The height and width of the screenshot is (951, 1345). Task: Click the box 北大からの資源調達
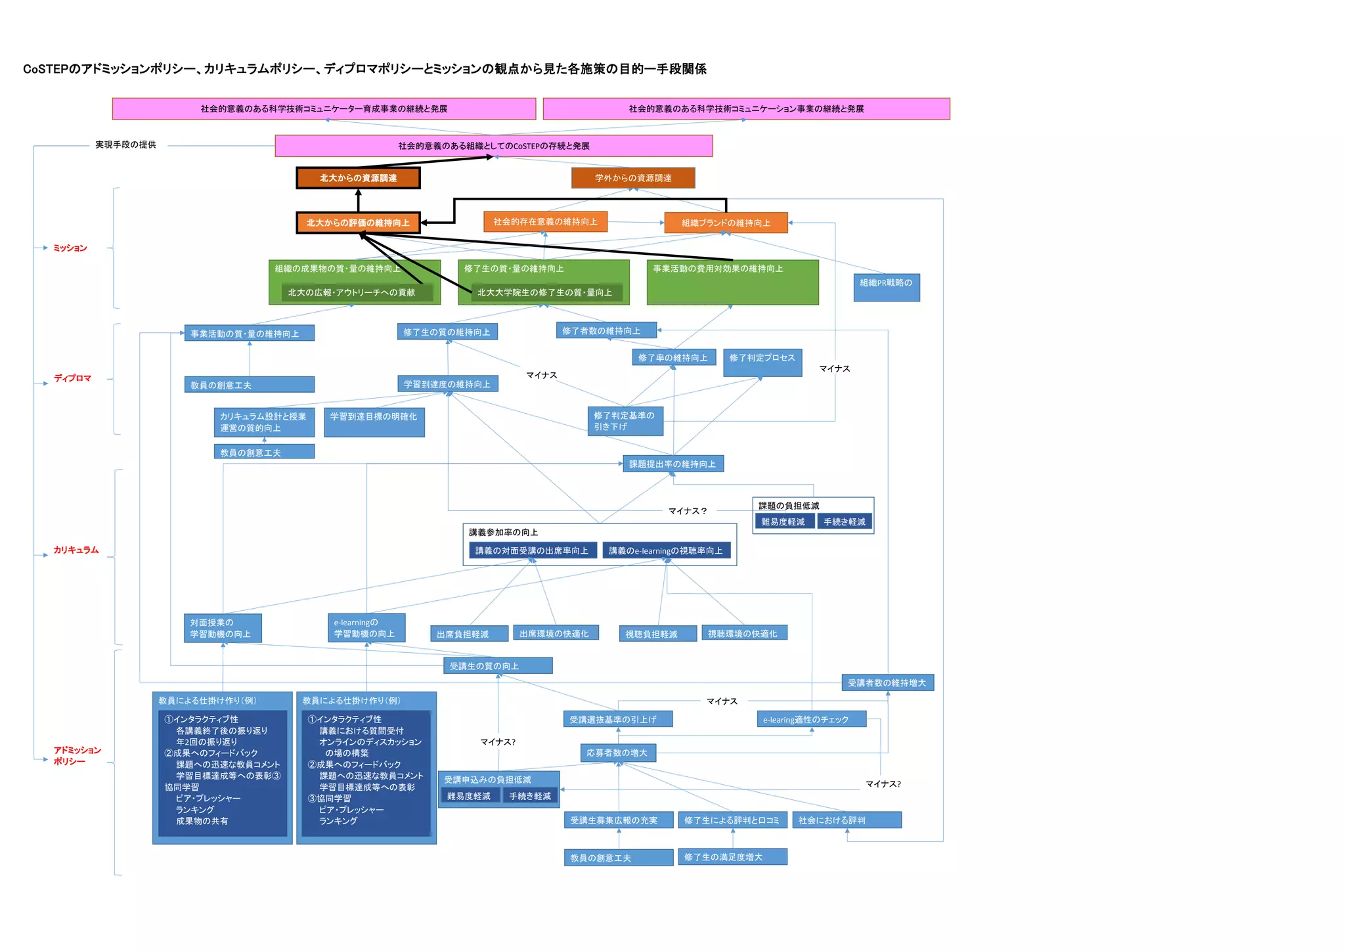click(x=358, y=178)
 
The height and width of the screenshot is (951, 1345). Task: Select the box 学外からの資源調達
click(x=633, y=178)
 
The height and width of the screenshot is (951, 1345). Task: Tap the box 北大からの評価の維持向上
click(x=358, y=223)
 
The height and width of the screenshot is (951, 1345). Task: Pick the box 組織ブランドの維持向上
click(x=726, y=223)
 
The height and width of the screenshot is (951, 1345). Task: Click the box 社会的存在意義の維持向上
click(x=545, y=222)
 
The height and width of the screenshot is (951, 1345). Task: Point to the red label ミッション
click(x=70, y=248)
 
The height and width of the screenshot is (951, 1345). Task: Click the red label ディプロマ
click(x=72, y=378)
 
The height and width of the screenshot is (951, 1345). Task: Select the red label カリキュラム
click(x=76, y=550)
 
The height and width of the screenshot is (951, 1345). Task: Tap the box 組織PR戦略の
click(x=887, y=287)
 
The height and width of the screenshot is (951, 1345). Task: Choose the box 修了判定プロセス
click(x=762, y=363)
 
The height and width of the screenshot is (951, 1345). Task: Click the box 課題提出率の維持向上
click(x=673, y=464)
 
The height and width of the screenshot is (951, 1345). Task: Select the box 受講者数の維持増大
click(x=887, y=683)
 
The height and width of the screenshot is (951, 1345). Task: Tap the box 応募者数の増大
click(x=617, y=753)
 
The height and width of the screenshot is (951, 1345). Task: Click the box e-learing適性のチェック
click(x=811, y=720)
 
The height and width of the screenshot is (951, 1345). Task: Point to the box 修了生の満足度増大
click(x=732, y=857)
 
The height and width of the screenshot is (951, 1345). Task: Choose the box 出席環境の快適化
click(x=555, y=633)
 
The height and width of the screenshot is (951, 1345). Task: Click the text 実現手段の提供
click(x=125, y=144)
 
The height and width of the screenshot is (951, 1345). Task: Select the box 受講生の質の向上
click(x=498, y=666)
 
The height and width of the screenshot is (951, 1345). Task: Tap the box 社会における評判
click(x=847, y=820)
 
